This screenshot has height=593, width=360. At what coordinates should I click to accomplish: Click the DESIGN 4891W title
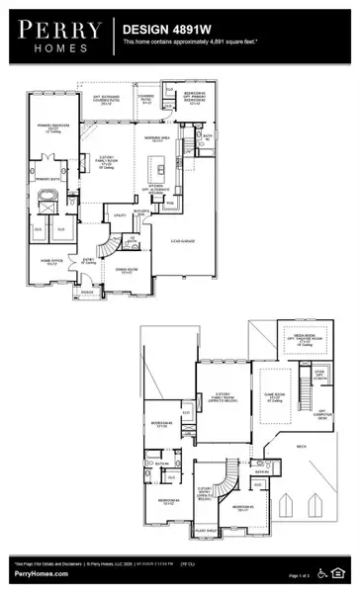(163, 31)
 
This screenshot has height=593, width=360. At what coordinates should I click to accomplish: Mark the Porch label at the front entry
(86, 293)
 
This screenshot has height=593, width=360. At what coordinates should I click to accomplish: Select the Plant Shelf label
(205, 531)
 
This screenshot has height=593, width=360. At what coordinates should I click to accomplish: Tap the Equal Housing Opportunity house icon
(341, 571)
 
